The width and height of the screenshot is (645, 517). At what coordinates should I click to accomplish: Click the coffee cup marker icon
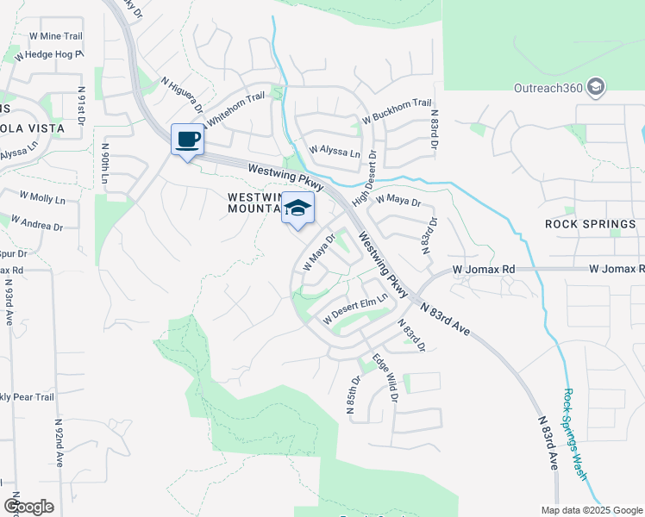point(187,140)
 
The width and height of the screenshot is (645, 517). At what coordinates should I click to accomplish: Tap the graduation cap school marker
point(297,209)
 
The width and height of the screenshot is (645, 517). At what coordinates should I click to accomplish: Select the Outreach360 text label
point(549,87)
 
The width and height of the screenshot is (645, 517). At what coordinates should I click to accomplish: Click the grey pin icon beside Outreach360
point(595,87)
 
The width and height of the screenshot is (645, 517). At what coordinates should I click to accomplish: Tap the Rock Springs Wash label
point(575,435)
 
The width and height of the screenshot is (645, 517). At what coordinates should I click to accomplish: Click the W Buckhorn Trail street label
point(396,109)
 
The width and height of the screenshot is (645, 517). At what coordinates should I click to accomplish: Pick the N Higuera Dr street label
point(181,95)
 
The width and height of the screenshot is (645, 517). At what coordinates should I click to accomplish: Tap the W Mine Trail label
point(56,36)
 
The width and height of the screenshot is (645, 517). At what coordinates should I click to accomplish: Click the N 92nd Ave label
point(59,444)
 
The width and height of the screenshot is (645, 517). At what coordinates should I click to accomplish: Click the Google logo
point(28,506)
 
